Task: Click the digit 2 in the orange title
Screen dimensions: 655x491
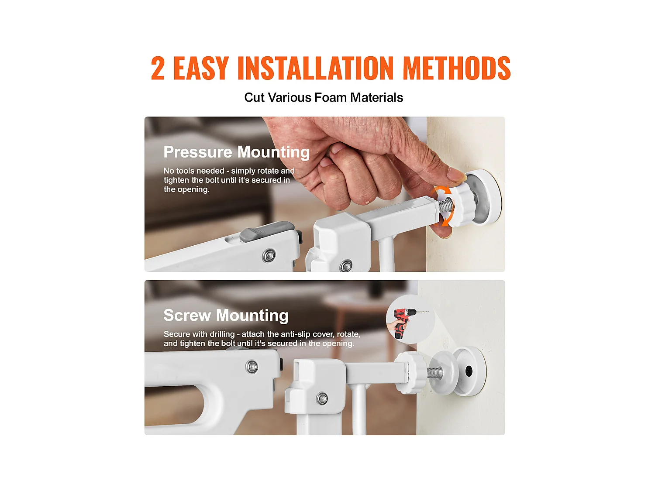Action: [x=158, y=68]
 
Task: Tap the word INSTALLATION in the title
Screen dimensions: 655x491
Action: [x=315, y=68]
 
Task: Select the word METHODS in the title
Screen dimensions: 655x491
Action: [x=457, y=68]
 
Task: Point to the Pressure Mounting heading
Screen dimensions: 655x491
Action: [x=236, y=152]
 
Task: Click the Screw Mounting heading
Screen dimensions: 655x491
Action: [x=226, y=315]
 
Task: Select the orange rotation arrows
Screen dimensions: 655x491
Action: [x=443, y=206]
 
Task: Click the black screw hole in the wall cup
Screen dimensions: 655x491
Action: [x=469, y=371]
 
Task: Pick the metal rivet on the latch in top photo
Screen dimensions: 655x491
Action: [x=269, y=255]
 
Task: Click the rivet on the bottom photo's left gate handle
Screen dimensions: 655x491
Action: [x=252, y=367]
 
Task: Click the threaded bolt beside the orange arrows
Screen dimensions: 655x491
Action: [x=445, y=205]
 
